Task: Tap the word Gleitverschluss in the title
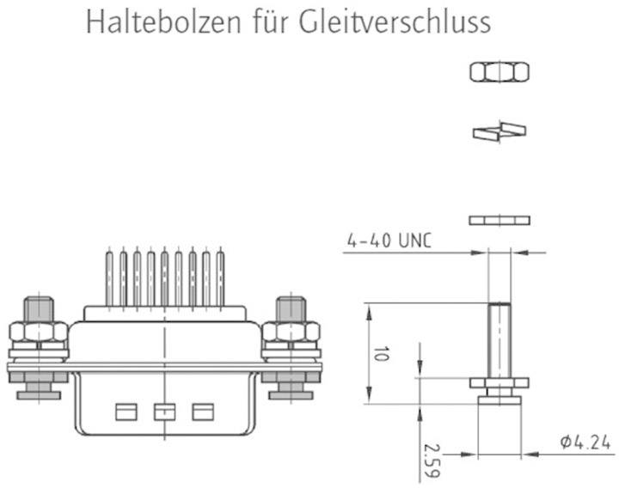click(x=396, y=22)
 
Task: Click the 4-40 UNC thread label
click(x=389, y=241)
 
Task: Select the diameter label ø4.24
click(x=585, y=442)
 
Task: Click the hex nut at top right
click(x=499, y=72)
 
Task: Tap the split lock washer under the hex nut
click(x=499, y=131)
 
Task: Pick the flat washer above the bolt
click(x=499, y=221)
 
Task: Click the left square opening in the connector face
click(x=126, y=412)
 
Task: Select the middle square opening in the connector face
click(x=163, y=412)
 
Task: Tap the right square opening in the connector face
click(x=202, y=412)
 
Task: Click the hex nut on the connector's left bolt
click(x=39, y=332)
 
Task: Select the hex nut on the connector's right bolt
click(x=291, y=332)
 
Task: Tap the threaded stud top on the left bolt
click(x=39, y=308)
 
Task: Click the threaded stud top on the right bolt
click(x=291, y=308)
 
